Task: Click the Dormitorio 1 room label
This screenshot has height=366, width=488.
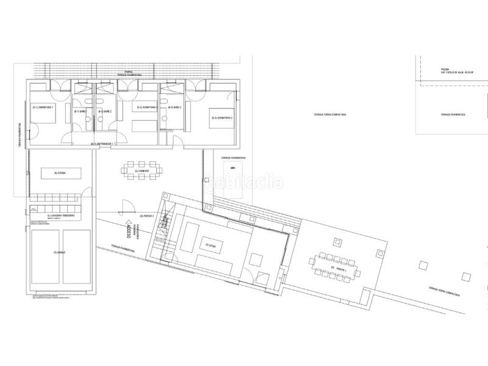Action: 44,108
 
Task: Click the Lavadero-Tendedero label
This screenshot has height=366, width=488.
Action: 60,217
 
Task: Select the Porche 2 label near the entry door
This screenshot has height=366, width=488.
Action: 146,216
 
